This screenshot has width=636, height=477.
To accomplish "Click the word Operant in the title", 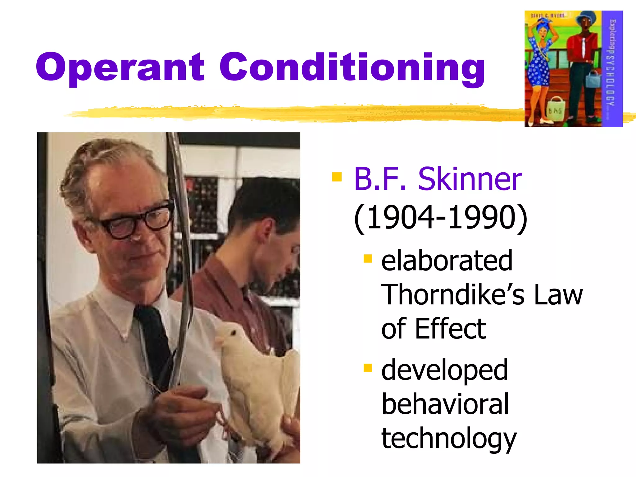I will (120, 67).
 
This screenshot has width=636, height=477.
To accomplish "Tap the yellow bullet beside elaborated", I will (368, 258).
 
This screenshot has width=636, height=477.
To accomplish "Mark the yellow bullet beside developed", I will (368, 368).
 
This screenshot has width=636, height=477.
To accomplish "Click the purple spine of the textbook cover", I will (612, 68).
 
